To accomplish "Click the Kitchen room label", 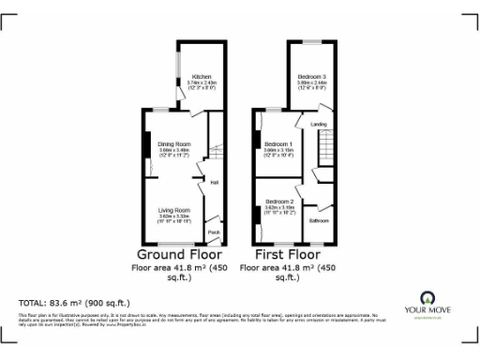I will click(x=202, y=76).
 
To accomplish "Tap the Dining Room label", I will click(x=173, y=143).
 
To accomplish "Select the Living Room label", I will click(x=173, y=210).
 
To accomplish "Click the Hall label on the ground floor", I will click(x=214, y=182).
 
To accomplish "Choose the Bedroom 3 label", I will click(x=312, y=76).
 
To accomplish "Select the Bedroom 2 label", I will click(x=279, y=202).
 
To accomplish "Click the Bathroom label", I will click(x=321, y=221).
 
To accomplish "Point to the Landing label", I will click(x=319, y=123).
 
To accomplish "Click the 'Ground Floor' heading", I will click(x=179, y=254).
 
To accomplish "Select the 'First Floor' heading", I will click(x=286, y=254).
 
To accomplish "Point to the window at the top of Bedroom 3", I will click(x=312, y=41).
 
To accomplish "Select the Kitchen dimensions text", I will click(x=202, y=86).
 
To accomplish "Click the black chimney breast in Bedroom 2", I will click(x=256, y=213).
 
